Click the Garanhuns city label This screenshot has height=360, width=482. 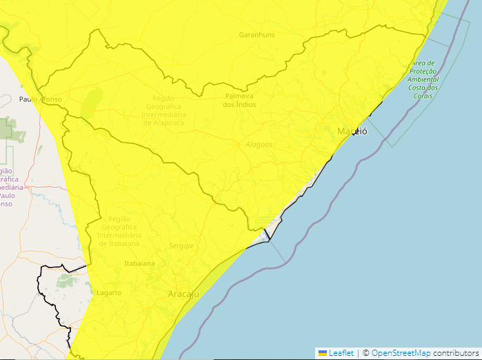(x=257, y=34)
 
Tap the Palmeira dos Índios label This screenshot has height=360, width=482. (x=239, y=100)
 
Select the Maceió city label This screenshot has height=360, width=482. (x=352, y=131)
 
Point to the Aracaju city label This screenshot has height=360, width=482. (x=183, y=294)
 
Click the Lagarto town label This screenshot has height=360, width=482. (x=109, y=293)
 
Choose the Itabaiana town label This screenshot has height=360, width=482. (x=139, y=263)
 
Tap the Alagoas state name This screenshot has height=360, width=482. (x=259, y=145)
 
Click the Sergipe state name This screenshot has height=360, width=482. (x=181, y=246)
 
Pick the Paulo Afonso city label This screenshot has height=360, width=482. (x=40, y=99)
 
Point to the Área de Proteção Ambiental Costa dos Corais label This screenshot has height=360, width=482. (x=423, y=79)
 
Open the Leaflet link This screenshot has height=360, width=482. (x=341, y=353)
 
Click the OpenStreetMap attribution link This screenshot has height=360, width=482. (x=401, y=353)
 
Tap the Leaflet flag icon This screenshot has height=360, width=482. (x=322, y=353)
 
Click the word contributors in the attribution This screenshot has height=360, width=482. (x=456, y=353)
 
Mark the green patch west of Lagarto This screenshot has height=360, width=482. (x=67, y=281)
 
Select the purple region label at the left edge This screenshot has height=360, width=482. (x=8, y=188)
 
